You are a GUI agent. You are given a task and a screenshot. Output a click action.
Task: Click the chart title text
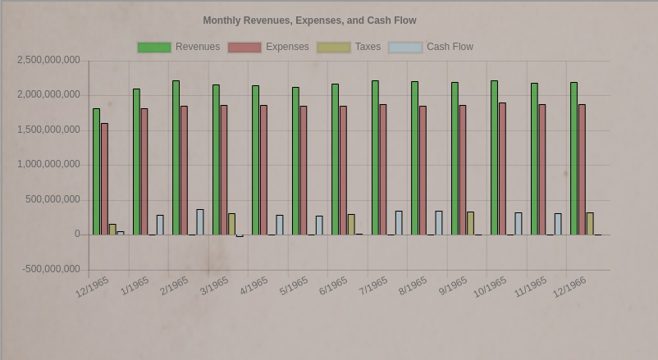[309, 21]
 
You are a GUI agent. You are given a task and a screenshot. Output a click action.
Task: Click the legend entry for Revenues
[179, 48]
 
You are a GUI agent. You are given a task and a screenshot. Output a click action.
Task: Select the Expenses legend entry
[269, 48]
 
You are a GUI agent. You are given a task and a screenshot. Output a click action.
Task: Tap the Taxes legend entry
[350, 48]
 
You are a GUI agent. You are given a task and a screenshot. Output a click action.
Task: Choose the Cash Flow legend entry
[431, 48]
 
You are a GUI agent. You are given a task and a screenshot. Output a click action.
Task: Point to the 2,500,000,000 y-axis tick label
[49, 61]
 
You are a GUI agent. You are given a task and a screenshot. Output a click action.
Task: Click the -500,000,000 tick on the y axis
[51, 269]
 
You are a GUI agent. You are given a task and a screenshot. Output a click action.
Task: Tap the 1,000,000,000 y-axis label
[49, 165]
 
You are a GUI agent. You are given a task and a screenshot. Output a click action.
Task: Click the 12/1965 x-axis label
[92, 287]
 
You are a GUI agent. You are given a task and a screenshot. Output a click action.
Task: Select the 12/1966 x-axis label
[569, 287]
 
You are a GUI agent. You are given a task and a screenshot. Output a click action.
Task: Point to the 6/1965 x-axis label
[333, 285]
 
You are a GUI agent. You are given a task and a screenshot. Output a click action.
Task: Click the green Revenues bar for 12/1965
[97, 171]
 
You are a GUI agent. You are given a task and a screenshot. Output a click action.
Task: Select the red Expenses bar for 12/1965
[105, 179]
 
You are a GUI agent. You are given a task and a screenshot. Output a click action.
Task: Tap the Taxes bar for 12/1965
[112, 230]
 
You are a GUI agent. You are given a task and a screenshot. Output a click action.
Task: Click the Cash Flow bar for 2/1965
[200, 221]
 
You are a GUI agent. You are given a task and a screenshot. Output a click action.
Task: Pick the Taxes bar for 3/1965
[232, 224]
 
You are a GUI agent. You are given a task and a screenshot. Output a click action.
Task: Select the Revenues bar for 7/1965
[375, 157]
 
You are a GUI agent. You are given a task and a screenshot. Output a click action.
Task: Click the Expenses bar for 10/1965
[502, 168]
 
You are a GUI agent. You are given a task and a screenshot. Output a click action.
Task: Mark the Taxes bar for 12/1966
[590, 223]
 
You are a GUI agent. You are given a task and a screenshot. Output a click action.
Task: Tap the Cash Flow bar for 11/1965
[558, 224]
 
